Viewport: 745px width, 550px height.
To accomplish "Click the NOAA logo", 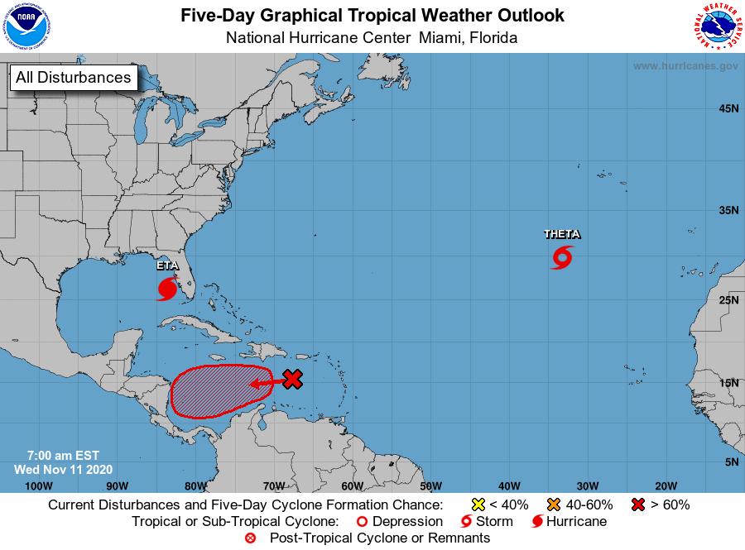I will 26,26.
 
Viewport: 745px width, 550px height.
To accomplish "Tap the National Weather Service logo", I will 717,26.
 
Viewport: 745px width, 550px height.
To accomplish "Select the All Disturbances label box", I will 73,78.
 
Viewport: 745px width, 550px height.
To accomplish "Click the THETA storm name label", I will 561,234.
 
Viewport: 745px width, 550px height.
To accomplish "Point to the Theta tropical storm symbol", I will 561,258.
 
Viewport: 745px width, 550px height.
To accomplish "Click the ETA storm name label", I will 166,265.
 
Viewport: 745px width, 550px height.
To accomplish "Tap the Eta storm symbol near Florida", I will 166,289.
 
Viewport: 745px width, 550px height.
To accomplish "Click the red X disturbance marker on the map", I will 291,379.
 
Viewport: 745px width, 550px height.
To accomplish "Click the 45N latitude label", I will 728,108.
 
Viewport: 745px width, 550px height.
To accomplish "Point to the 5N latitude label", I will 730,462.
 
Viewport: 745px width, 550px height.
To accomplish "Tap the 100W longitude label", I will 38,485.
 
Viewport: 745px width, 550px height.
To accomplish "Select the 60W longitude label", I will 352,485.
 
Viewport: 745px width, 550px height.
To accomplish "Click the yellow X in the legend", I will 477,505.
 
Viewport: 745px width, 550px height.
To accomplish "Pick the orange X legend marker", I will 554,505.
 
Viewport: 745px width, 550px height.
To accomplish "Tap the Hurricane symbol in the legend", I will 537,522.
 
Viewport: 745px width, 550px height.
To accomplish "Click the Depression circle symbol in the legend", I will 361,522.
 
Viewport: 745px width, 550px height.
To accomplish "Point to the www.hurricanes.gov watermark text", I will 685,65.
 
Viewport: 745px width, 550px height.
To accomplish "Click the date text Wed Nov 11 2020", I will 57,469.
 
